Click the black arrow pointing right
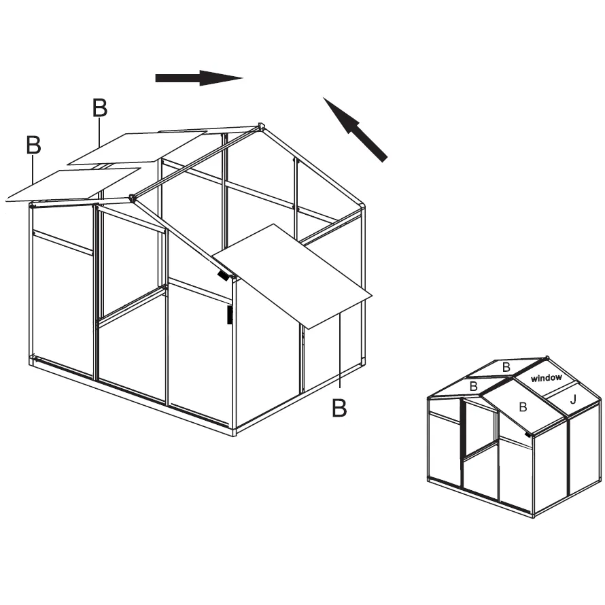point(198,78)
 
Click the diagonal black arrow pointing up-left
point(355,129)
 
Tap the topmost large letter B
point(100,107)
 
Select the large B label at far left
point(33,145)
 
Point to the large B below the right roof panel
point(339,407)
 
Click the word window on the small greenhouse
point(547,378)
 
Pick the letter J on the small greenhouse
point(573,400)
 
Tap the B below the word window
point(523,407)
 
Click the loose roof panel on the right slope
point(292,276)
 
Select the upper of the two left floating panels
point(137,149)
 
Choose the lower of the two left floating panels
point(73,185)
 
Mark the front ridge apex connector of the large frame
point(133,198)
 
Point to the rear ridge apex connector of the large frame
point(261,126)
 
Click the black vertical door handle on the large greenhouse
point(229,315)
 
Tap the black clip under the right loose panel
point(223,275)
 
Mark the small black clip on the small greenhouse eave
point(527,434)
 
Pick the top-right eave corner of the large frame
point(362,207)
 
